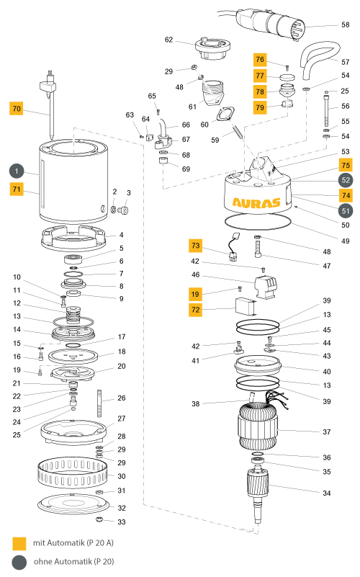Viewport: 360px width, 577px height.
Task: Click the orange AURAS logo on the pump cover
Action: [x=256, y=202]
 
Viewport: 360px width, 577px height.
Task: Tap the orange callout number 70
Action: [x=17, y=109]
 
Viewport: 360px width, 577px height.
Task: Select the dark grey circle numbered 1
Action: [x=17, y=171]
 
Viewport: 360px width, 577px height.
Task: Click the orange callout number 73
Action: [x=196, y=246]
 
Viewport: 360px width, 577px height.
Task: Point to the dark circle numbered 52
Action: [x=346, y=180]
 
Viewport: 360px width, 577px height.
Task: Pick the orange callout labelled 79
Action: [x=260, y=107]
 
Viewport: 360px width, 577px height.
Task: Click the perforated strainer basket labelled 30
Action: [x=73, y=473]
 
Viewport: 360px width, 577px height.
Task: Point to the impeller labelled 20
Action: [x=73, y=374]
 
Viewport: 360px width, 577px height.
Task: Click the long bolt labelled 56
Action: [x=326, y=111]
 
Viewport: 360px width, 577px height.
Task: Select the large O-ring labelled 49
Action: [x=258, y=223]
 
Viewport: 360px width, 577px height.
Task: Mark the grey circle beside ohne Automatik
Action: [x=19, y=563]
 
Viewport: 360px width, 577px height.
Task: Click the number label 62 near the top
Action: [x=168, y=40]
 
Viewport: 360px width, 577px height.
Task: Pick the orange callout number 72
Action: [x=196, y=310]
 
